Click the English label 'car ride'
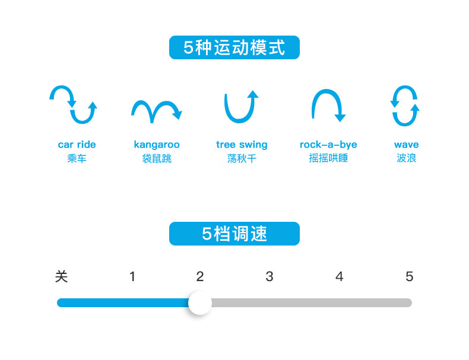click(77, 145)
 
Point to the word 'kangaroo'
click(157, 145)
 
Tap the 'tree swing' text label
click(242, 145)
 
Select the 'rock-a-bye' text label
click(328, 145)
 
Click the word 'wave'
click(406, 145)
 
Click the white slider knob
click(200, 302)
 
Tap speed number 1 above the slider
click(132, 276)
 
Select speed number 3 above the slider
click(269, 276)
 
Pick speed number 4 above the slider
click(339, 276)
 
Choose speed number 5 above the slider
click(409, 276)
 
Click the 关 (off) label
click(61, 276)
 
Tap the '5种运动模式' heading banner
click(235, 47)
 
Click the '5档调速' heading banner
click(235, 234)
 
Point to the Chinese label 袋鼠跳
click(157, 158)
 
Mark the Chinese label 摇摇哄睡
click(328, 158)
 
